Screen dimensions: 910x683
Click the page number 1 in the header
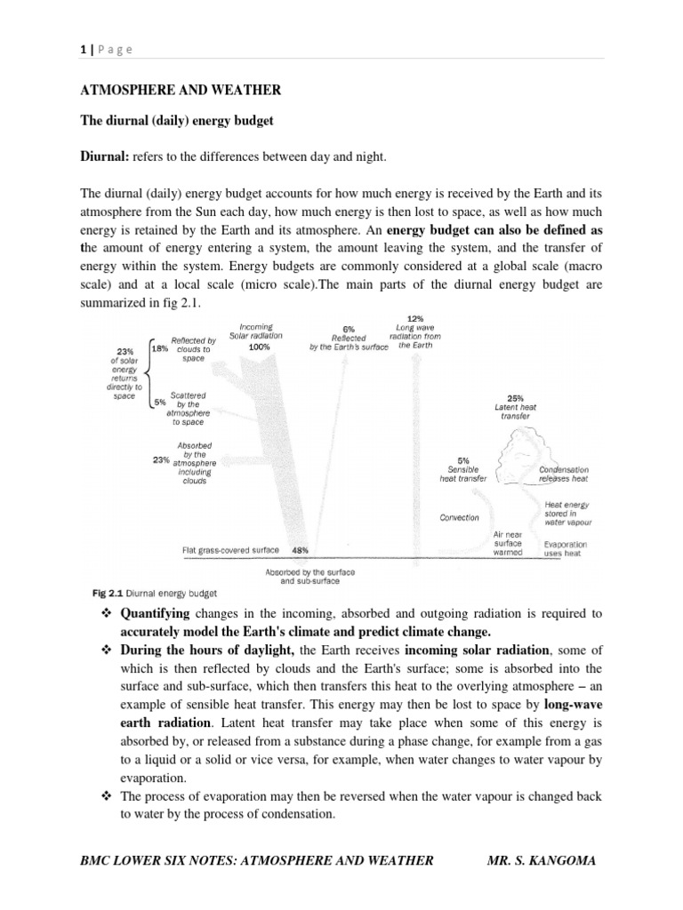click(x=83, y=50)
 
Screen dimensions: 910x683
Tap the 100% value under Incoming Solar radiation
click(x=260, y=347)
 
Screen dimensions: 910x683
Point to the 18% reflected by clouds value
click(x=159, y=349)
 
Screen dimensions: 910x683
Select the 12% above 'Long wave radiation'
click(x=415, y=318)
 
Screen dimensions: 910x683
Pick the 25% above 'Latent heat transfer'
click(x=515, y=398)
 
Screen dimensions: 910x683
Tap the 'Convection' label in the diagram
click(x=459, y=517)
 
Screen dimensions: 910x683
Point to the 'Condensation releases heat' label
click(x=563, y=474)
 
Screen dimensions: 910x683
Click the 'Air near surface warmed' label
click(x=508, y=543)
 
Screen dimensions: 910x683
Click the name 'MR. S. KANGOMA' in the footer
click(x=544, y=859)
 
